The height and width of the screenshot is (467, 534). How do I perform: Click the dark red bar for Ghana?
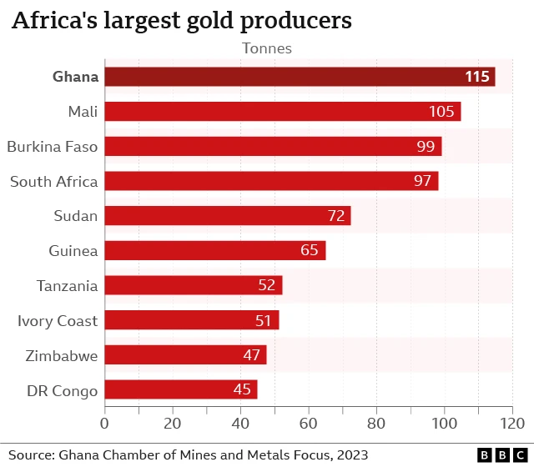300,77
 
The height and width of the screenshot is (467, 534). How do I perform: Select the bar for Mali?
283,112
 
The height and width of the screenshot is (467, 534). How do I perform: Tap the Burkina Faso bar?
273,147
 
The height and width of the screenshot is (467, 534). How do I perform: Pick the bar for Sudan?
228,216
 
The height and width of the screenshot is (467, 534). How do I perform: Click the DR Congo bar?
181,389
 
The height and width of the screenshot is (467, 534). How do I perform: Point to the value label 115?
476,77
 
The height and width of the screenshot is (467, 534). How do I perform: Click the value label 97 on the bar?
422,181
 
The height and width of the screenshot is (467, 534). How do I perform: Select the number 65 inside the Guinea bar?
310,251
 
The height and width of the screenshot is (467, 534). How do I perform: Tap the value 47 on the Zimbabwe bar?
251,355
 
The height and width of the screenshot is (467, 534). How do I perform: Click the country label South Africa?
53,181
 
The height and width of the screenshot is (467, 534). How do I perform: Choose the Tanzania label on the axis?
67,286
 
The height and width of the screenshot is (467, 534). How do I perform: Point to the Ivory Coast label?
58,321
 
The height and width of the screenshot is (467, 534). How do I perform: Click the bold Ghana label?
76,77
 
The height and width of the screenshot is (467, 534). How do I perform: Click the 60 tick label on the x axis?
309,424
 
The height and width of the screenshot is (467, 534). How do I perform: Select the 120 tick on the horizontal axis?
511,424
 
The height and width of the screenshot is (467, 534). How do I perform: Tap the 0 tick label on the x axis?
105,424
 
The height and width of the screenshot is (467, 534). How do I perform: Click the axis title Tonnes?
267,48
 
